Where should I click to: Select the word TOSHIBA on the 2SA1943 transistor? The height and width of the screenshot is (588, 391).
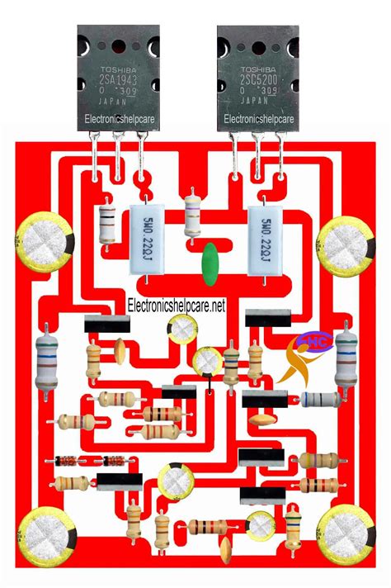pos(117,70)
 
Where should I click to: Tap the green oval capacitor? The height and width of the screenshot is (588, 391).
pos(211,259)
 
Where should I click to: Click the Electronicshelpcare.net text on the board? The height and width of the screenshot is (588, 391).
pos(177,306)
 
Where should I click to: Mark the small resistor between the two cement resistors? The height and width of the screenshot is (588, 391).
pos(192,211)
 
